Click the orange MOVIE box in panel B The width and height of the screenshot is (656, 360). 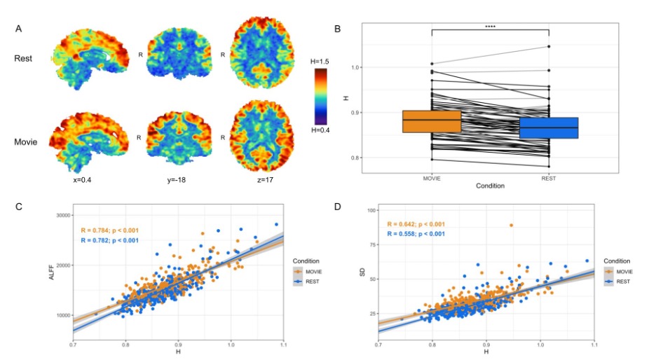pyautogui.click(x=432, y=121)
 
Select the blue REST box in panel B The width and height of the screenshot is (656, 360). pyautogui.click(x=549, y=128)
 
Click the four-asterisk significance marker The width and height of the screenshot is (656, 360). pyautogui.click(x=490, y=27)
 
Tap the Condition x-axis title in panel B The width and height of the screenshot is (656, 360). pyautogui.click(x=490, y=186)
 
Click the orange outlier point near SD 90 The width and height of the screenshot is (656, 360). pyautogui.click(x=511, y=225)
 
